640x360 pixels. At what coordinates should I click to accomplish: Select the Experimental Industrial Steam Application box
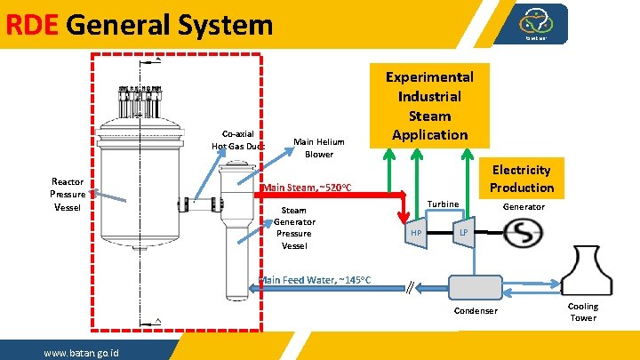point(429,106)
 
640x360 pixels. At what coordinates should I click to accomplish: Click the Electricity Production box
point(521,179)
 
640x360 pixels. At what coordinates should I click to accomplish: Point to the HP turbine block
point(415,233)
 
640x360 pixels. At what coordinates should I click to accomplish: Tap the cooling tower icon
point(583,268)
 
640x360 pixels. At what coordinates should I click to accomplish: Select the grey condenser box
point(476,286)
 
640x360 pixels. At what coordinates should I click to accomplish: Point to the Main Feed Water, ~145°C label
point(315,281)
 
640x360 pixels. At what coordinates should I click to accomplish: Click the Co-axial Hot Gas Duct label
point(237,140)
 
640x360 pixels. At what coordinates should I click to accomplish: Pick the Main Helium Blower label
point(319,148)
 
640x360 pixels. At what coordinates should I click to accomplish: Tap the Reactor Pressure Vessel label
point(68,194)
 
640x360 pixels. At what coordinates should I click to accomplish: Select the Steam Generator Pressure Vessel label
point(294,228)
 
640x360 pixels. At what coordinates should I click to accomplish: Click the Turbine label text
point(443,204)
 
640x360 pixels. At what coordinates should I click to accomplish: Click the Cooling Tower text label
point(583,312)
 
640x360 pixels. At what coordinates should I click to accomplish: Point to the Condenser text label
point(476,311)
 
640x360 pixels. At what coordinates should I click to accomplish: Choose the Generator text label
point(524,207)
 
